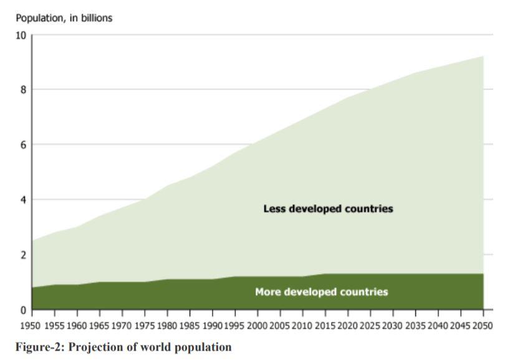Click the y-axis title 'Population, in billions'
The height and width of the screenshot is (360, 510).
click(59, 18)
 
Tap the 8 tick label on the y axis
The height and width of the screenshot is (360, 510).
click(24, 90)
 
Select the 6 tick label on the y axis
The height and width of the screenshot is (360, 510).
click(24, 145)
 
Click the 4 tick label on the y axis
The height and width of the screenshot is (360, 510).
click(24, 200)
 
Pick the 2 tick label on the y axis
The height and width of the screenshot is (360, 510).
click(24, 255)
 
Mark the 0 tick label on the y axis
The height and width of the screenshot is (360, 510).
click(24, 310)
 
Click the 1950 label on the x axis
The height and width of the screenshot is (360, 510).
click(32, 325)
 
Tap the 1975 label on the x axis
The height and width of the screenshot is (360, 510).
click(145, 325)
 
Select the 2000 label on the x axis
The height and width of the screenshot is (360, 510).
click(257, 325)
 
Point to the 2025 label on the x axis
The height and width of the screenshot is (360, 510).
click(370, 325)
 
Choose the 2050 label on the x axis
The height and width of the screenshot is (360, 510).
click(483, 325)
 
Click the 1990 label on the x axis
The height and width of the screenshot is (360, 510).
click(213, 325)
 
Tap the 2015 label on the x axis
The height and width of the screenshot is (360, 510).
click(325, 325)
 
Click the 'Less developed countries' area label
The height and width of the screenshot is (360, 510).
click(328, 209)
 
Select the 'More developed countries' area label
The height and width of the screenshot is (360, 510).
click(321, 292)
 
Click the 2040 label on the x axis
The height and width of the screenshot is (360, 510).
click(438, 325)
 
